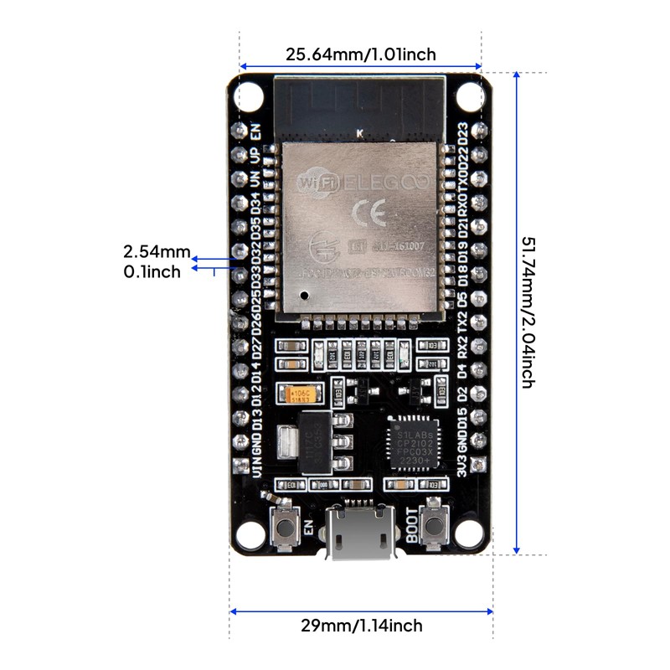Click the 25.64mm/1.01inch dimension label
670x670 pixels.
tap(361, 54)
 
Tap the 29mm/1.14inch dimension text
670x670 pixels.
tap(361, 626)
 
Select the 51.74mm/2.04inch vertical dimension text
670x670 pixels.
tap(528, 312)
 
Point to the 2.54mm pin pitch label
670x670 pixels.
tap(157, 251)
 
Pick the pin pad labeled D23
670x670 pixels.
tap(480, 131)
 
